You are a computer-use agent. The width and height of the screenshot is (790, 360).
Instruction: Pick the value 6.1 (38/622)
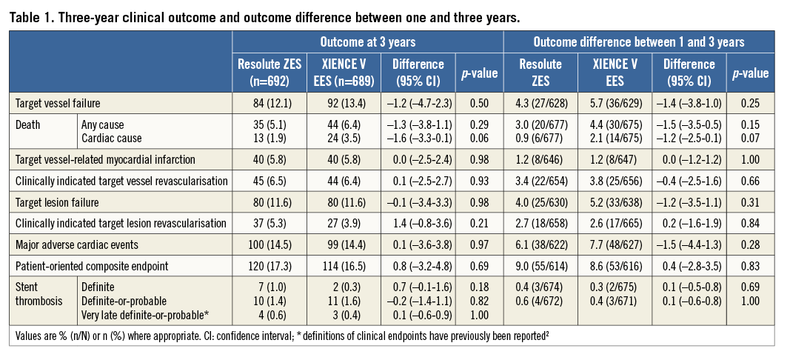point(540,243)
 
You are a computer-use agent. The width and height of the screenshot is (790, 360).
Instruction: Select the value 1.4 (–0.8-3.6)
point(418,223)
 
